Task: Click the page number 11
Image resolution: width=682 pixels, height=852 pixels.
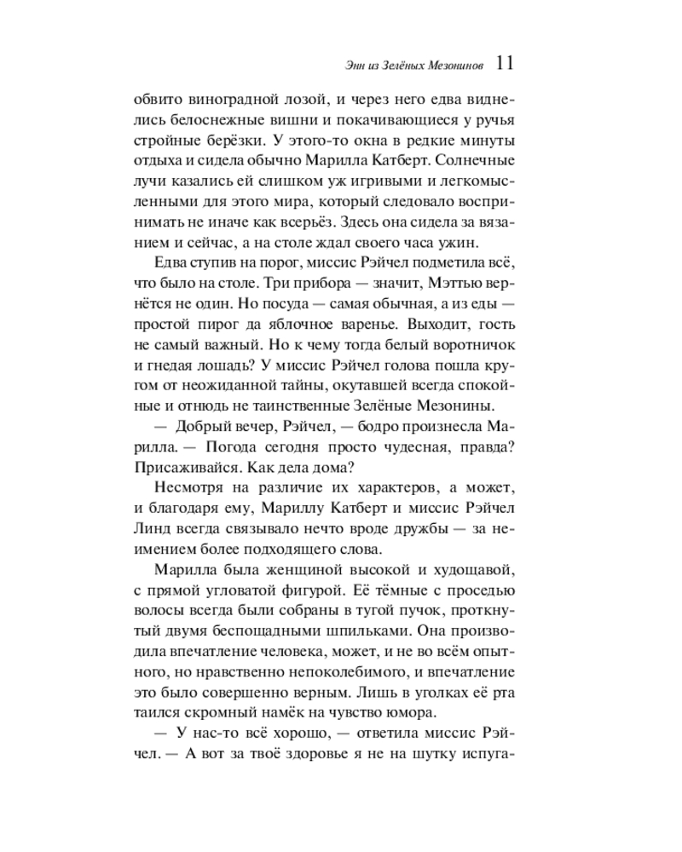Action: [x=503, y=63]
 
